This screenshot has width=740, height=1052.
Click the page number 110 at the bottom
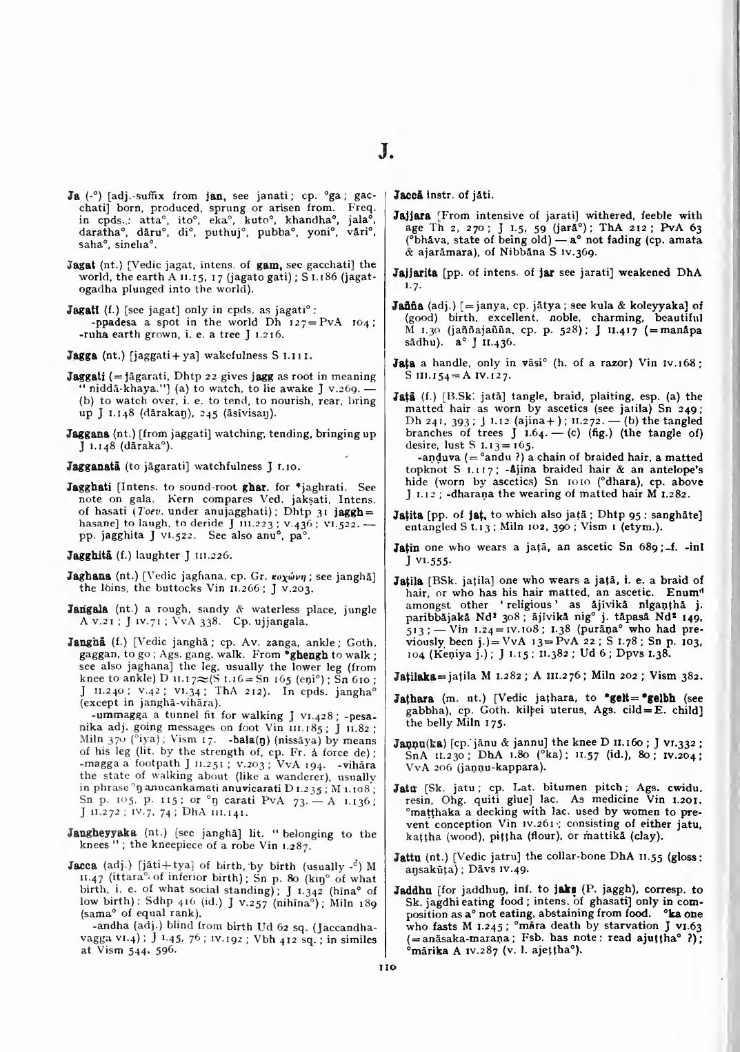(x=386, y=968)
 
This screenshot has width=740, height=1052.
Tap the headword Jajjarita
(x=414, y=272)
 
